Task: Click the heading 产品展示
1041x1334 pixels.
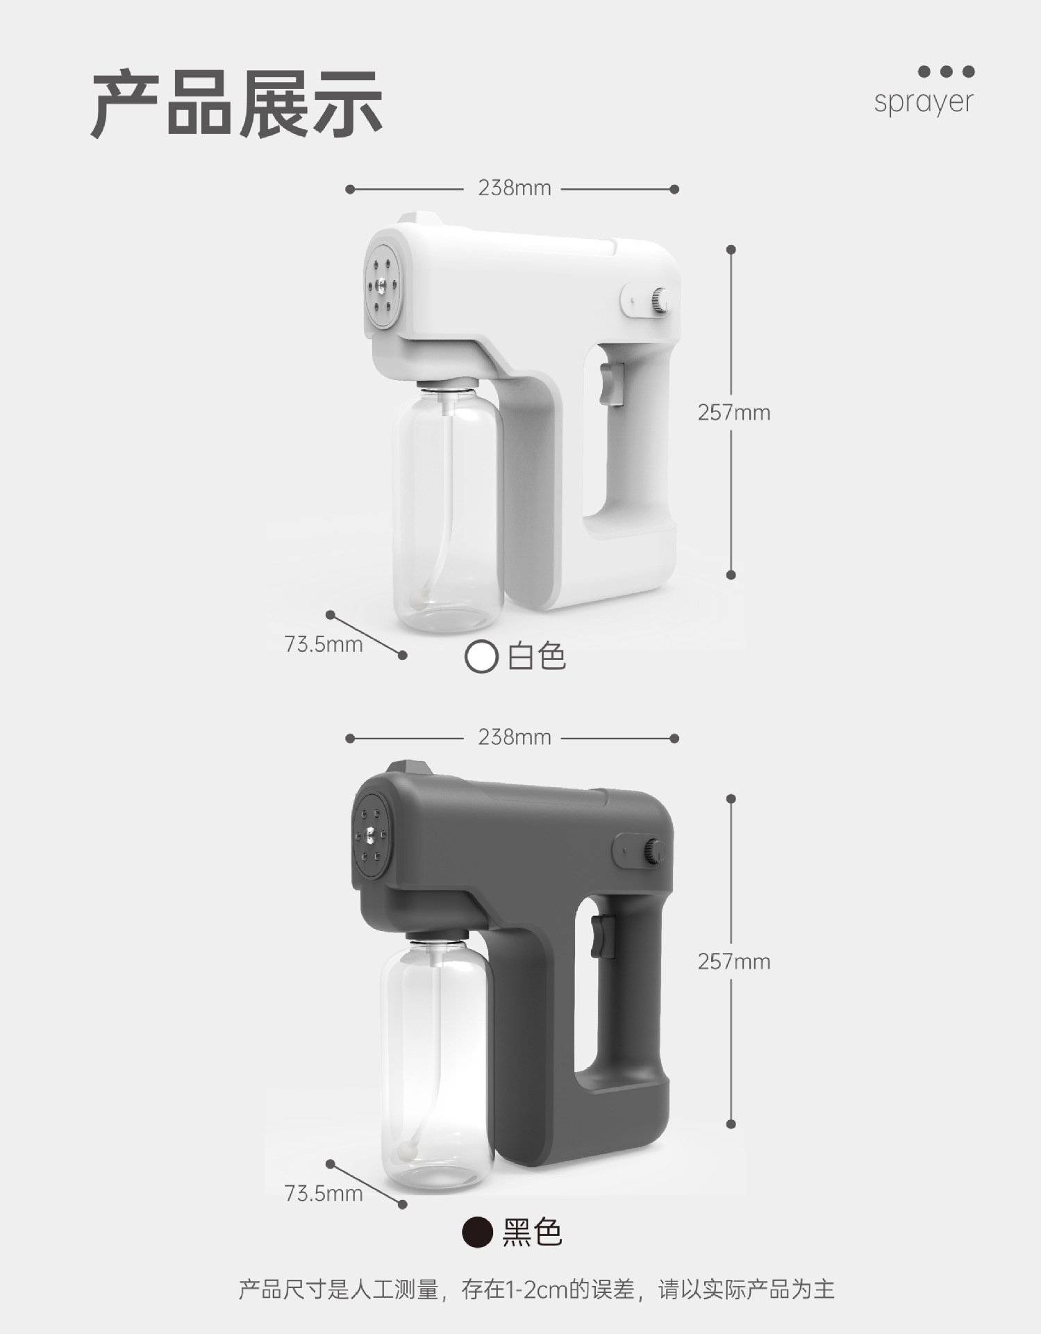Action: point(237,105)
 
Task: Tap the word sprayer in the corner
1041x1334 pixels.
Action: point(924,102)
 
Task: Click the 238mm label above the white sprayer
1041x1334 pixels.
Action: point(514,188)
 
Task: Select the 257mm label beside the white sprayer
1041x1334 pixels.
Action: point(734,413)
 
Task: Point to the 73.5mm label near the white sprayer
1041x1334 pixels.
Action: point(324,644)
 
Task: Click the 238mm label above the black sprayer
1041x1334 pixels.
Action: point(514,737)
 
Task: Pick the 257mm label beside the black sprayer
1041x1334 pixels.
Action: point(734,962)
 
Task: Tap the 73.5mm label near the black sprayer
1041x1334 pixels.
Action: point(324,1193)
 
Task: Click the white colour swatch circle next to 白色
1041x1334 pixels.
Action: point(481,657)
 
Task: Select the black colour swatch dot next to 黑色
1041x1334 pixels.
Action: point(478,1232)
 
